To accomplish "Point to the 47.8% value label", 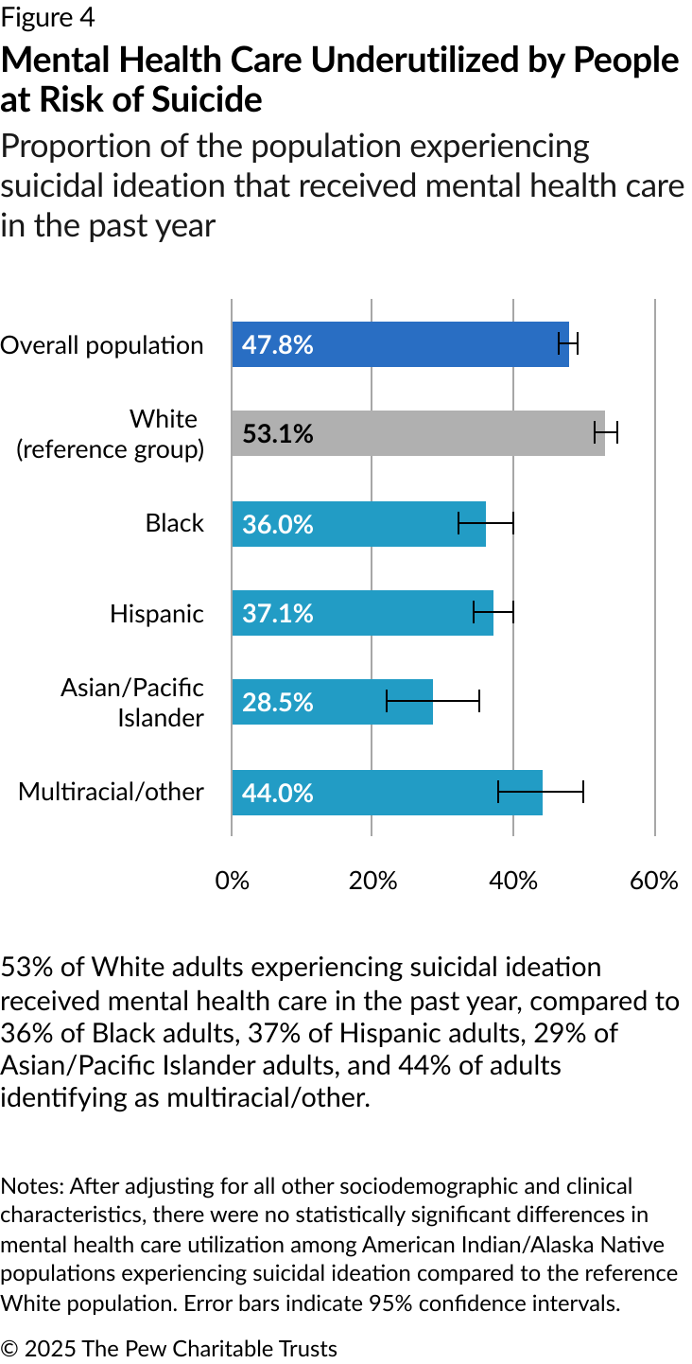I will pos(277,344).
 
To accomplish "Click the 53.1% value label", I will pos(277,434).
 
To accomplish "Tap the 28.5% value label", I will pos(277,703).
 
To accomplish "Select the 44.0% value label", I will pos(277,793).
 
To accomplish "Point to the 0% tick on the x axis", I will pos(233,881).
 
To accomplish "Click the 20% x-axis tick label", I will pos(372,881).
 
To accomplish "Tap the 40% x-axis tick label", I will pos(513,881).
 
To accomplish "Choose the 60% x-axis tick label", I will pos(654,881).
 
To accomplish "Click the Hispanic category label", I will pos(157,614).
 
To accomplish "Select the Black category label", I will pos(175,523).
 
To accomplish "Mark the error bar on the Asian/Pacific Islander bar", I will pos(433,702).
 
